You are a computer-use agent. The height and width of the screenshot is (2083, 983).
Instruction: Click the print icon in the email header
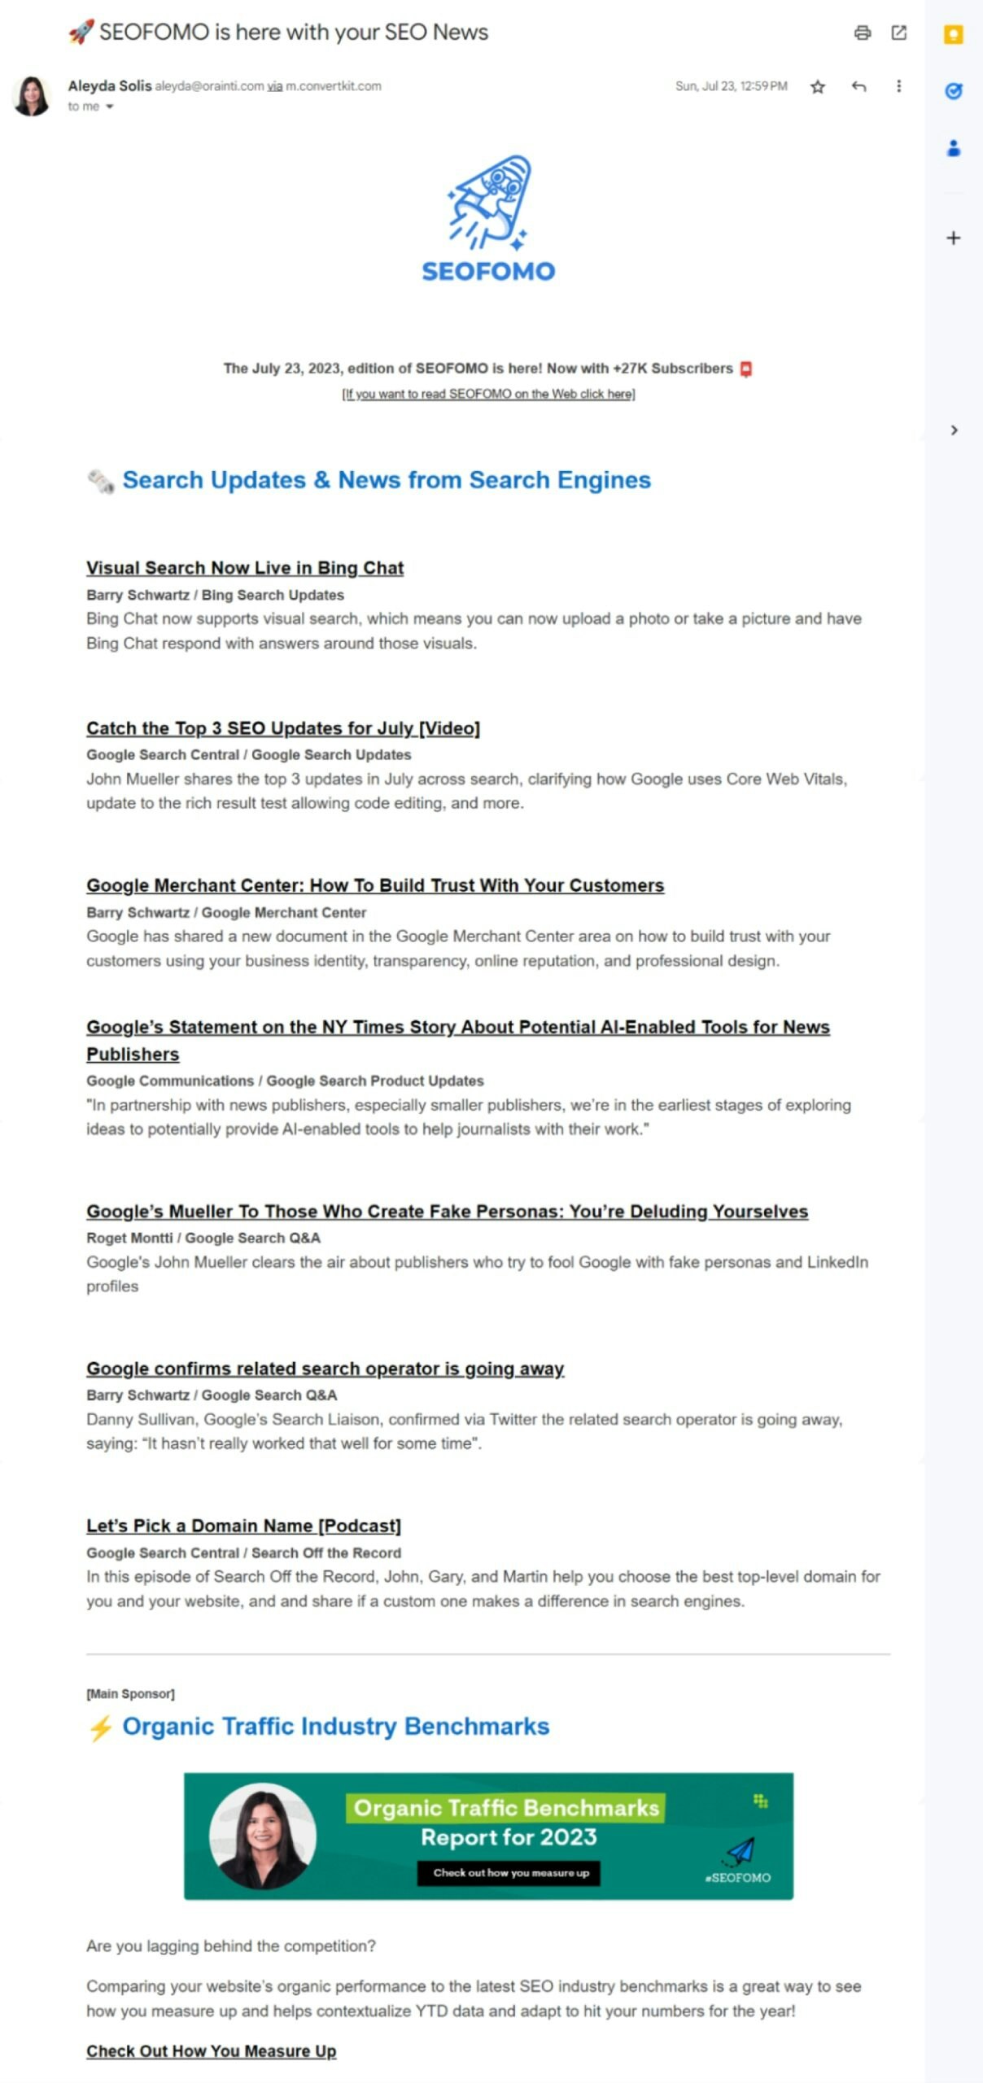(863, 33)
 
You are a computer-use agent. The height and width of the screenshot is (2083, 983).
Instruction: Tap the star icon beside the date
(818, 86)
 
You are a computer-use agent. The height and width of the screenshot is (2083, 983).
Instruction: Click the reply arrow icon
(858, 86)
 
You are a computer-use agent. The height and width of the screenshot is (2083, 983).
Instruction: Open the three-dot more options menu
(898, 86)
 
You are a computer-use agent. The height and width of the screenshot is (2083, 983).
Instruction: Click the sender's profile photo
(33, 96)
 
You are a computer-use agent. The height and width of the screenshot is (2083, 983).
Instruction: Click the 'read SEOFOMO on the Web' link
(488, 394)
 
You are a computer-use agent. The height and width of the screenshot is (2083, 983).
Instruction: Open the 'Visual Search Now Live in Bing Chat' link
(245, 568)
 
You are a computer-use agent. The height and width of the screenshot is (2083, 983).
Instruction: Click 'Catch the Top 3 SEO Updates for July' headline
(283, 728)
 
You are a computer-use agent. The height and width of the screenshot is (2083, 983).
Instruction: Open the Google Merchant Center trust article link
(375, 885)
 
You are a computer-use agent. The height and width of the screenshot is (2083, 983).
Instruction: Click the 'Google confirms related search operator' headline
(325, 1369)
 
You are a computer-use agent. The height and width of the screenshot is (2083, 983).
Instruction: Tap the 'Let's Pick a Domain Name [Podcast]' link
(244, 1526)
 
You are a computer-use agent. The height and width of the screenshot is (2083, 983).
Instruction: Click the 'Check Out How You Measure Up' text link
(212, 2050)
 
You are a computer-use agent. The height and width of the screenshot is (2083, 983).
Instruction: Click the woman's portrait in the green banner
(263, 1836)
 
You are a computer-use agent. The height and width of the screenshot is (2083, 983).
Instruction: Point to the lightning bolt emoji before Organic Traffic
(100, 1727)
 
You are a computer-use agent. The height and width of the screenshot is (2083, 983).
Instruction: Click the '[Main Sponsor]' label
(130, 1693)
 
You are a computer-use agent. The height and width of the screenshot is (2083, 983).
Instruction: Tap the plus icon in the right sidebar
(954, 238)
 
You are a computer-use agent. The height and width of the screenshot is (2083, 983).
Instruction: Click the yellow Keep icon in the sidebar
(954, 34)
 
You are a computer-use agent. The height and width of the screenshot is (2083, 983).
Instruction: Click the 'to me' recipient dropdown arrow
(109, 107)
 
